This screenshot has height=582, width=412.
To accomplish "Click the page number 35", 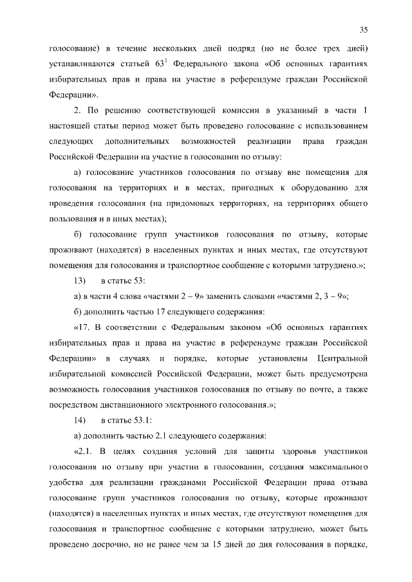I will click(x=363, y=30).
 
